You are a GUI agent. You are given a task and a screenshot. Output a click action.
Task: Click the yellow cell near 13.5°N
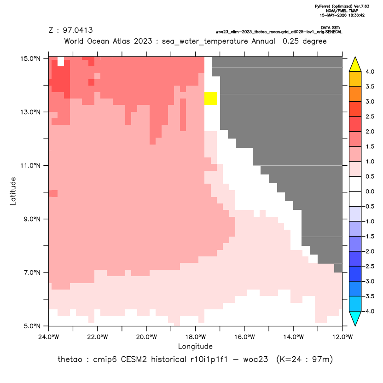[210, 99]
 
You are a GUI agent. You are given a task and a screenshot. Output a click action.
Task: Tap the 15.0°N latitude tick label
[30, 58]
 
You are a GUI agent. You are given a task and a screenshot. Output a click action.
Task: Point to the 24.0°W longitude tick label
[49, 337]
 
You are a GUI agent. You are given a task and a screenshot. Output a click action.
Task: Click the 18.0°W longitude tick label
[195, 337]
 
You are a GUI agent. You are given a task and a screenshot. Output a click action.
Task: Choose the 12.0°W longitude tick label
[342, 337]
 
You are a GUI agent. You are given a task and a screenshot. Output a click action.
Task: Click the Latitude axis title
[13, 191]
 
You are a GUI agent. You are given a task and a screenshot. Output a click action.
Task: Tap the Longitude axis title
[195, 346]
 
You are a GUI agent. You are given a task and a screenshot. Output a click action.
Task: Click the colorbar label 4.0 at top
[370, 71]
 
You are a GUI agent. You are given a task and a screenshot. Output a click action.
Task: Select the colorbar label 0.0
[370, 191]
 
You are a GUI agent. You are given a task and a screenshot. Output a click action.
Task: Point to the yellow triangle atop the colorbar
[355, 64]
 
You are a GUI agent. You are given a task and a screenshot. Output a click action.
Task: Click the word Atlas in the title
[121, 41]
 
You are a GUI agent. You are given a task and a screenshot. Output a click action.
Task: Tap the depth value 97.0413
[78, 30]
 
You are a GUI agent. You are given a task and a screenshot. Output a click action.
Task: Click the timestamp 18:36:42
[356, 15]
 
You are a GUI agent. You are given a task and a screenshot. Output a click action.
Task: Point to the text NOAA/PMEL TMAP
[342, 11]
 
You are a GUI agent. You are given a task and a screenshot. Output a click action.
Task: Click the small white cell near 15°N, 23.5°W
[61, 62]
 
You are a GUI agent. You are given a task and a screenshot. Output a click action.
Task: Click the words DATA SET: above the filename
[331, 28]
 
